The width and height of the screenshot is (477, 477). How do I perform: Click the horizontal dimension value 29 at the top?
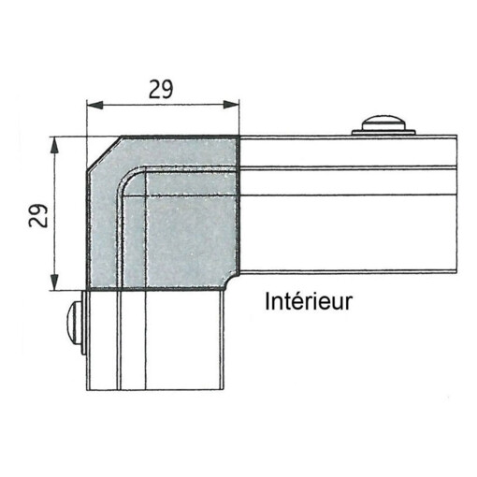pos(162,90)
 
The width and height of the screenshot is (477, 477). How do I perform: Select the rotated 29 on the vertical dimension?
pos(38,217)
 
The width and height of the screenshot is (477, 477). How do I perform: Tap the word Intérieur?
pos(308,302)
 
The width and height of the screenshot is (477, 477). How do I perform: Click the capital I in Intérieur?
pos(267,302)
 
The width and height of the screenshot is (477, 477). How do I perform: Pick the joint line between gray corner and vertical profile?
pos(159,290)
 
